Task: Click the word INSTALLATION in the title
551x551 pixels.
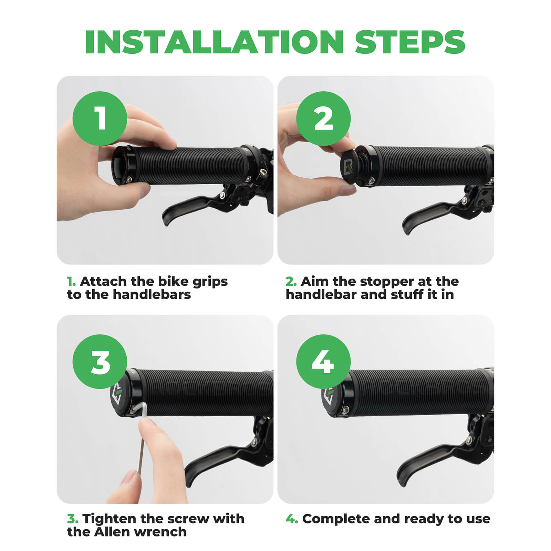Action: (x=214, y=42)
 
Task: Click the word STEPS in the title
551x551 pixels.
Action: (x=410, y=42)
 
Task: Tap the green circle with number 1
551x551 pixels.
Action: (x=100, y=118)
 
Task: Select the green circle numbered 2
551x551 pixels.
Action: (x=323, y=118)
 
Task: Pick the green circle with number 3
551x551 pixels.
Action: (x=100, y=362)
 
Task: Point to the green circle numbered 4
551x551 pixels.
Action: (x=323, y=362)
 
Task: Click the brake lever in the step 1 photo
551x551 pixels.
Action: (x=193, y=207)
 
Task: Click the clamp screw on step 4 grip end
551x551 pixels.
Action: (x=346, y=409)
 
